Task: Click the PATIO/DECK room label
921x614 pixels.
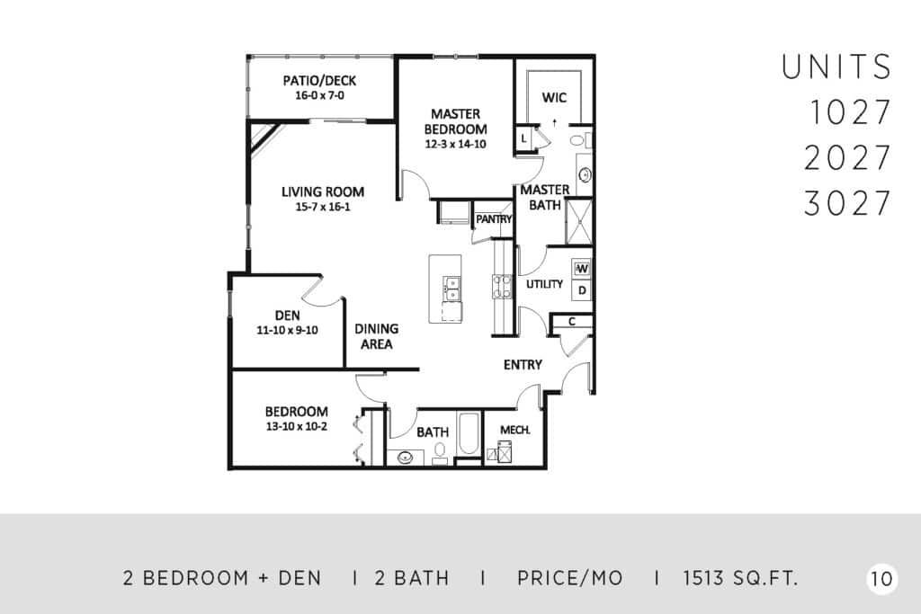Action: coord(319,80)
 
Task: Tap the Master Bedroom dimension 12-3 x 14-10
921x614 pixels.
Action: coord(456,145)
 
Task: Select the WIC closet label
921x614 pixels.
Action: coord(554,97)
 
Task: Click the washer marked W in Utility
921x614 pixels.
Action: coord(582,269)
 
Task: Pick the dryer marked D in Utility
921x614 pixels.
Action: coord(582,290)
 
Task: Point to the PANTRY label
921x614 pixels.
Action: coord(494,219)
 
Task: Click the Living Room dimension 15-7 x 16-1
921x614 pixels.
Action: coord(323,207)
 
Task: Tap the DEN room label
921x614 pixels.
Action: coord(287,316)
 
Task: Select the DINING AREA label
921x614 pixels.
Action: coord(377,336)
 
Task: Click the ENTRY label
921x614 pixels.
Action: coord(523,364)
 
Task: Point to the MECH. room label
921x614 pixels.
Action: coord(515,431)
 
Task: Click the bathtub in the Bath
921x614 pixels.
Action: coord(469,434)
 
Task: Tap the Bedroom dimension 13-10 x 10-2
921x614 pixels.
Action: coord(297,427)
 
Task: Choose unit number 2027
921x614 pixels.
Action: coord(847,158)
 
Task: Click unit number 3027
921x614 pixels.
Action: coord(847,203)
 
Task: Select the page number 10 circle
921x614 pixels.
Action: coord(881,579)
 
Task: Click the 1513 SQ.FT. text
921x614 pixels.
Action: coord(741,578)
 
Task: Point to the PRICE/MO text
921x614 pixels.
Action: coord(569,578)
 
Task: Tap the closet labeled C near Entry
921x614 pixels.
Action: coord(572,322)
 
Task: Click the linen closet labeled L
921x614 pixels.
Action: coord(524,139)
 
